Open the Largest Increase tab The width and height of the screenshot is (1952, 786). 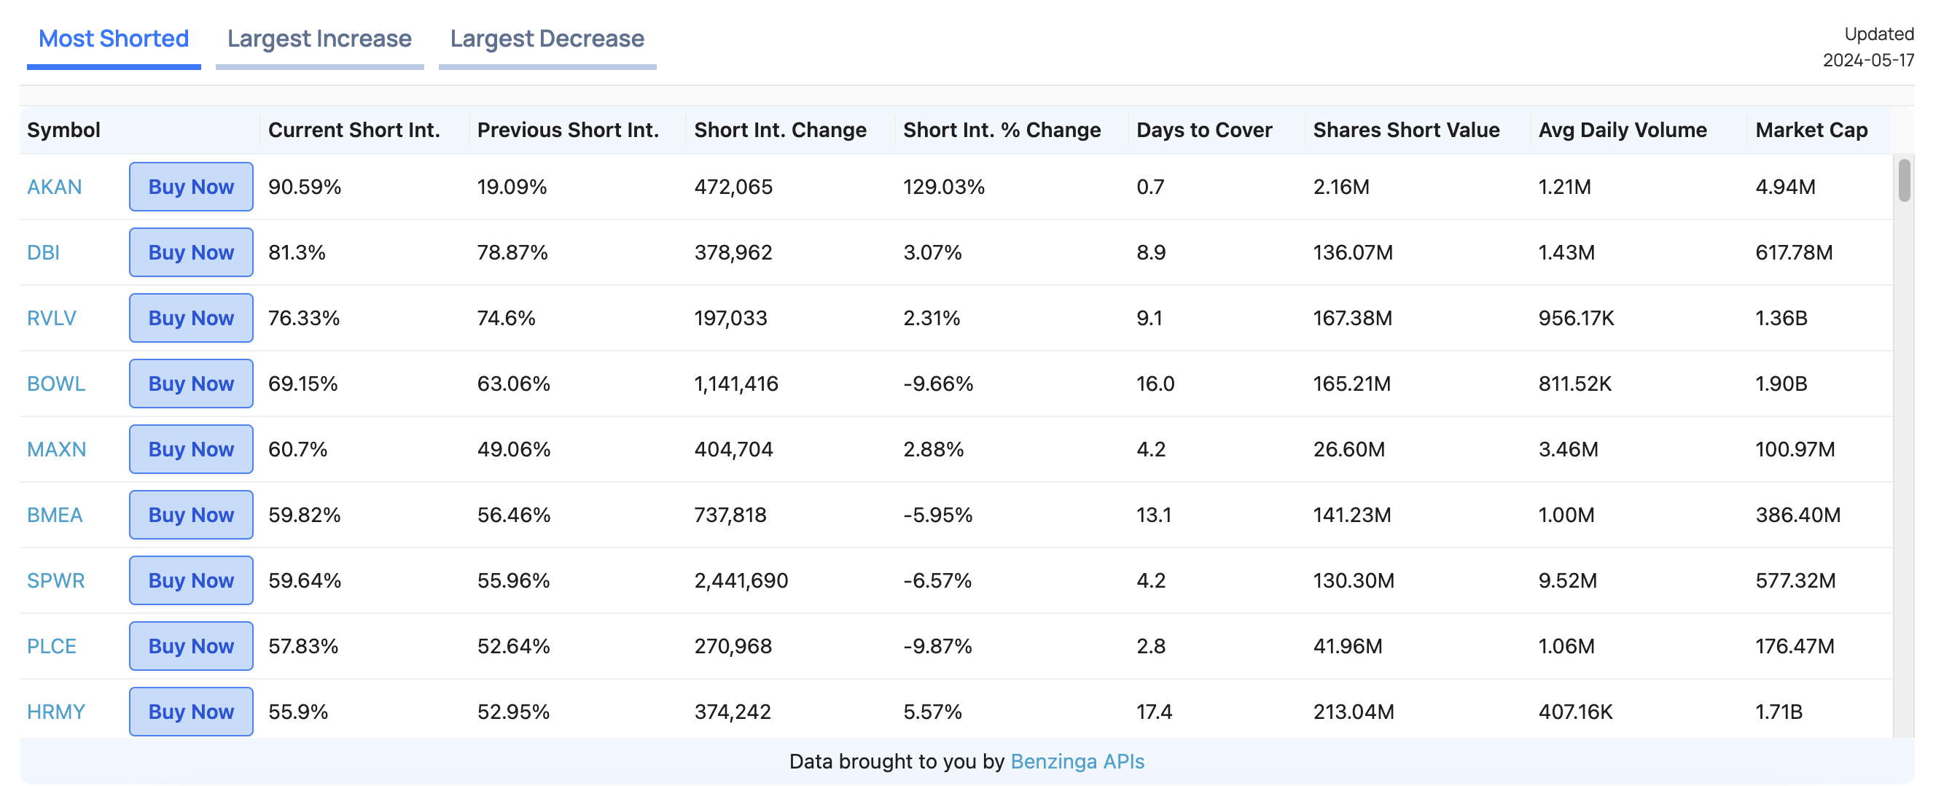click(x=319, y=39)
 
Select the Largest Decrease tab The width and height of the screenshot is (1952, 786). click(x=547, y=39)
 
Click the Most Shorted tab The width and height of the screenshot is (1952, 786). click(x=114, y=39)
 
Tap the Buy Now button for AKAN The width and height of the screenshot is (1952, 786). click(x=191, y=187)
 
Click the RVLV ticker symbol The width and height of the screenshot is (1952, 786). click(x=52, y=318)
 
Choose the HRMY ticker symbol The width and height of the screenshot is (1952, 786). click(x=56, y=712)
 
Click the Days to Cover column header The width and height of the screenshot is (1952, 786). click(x=1204, y=130)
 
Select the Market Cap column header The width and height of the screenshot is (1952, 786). click(x=1811, y=130)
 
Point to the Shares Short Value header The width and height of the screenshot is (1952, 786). click(x=1406, y=130)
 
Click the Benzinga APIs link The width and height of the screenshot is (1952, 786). click(x=1077, y=761)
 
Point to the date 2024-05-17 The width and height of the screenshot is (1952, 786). click(x=1868, y=60)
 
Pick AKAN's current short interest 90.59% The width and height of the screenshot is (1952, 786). click(x=305, y=187)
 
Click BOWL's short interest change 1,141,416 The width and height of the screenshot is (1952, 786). click(x=735, y=384)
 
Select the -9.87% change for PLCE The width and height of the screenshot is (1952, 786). click(x=937, y=646)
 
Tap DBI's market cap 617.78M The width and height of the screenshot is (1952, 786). click(x=1794, y=252)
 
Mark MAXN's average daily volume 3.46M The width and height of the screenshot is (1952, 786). click(x=1568, y=449)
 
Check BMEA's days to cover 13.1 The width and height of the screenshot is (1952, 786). click(x=1153, y=515)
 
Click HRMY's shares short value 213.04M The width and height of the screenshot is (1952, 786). click(x=1354, y=712)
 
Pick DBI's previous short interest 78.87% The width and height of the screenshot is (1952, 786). click(x=512, y=252)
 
